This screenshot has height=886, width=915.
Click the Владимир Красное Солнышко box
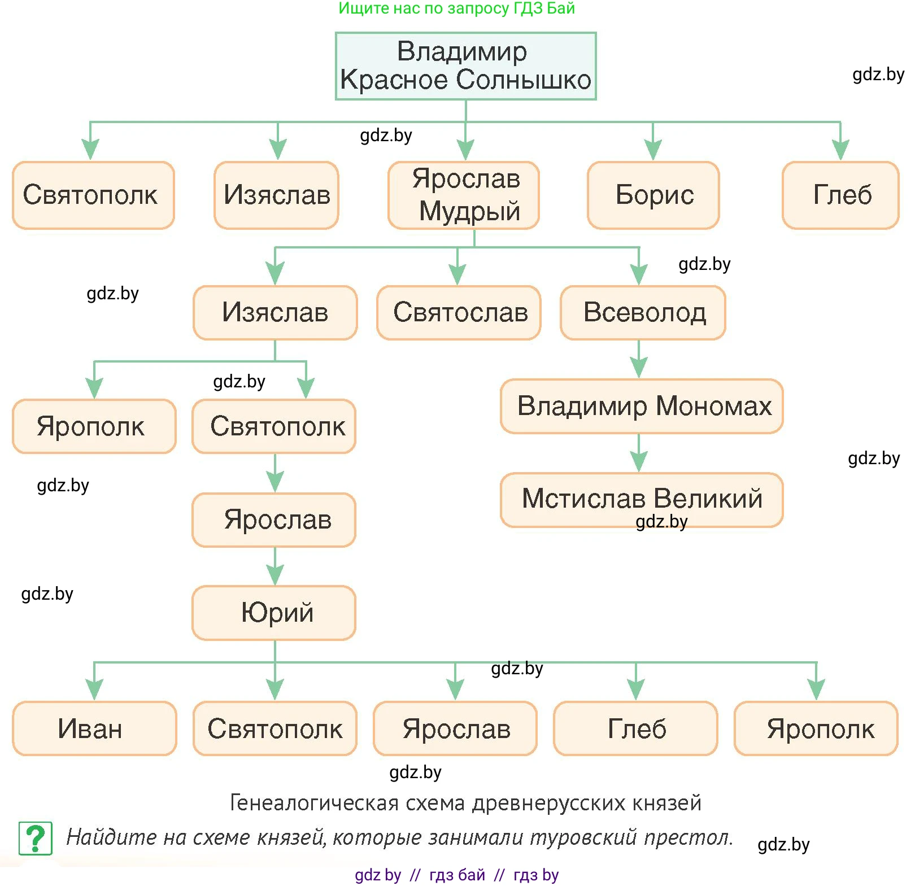[x=465, y=66]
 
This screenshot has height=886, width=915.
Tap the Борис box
[x=653, y=195]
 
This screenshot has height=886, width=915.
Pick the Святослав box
[x=459, y=313]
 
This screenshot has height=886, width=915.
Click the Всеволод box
[x=643, y=313]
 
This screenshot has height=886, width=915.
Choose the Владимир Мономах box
[x=642, y=407]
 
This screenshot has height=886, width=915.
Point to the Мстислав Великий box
[x=642, y=500]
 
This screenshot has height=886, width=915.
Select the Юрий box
[x=274, y=613]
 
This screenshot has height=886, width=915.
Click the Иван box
[x=94, y=728]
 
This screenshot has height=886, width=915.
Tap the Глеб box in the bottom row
[x=636, y=728]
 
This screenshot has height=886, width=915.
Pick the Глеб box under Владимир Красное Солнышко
[x=840, y=195]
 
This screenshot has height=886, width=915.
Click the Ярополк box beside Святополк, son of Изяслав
[x=94, y=426]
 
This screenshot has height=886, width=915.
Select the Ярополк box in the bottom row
[x=816, y=728]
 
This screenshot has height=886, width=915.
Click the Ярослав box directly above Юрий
[x=274, y=520]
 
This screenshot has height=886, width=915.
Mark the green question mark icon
[x=36, y=838]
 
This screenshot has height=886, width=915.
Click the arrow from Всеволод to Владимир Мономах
[x=639, y=360]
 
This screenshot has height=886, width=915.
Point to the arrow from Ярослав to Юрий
[x=275, y=566]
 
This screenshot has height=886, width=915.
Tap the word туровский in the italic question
[x=583, y=837]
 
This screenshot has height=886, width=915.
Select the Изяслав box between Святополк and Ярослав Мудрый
[x=277, y=195]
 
